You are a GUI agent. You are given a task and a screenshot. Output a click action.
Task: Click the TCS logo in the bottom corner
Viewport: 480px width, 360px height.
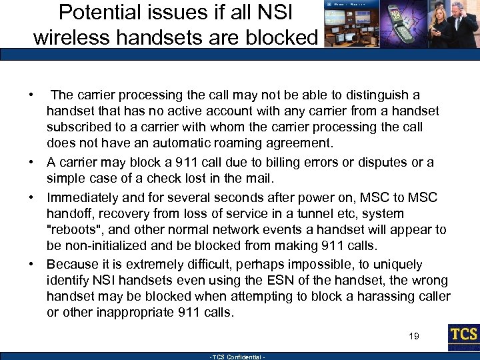click(x=463, y=337)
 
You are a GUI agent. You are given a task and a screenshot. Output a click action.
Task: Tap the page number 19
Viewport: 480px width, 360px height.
click(x=414, y=337)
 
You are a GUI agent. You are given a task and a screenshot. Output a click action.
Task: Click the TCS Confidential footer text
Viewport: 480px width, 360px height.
click(x=238, y=357)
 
